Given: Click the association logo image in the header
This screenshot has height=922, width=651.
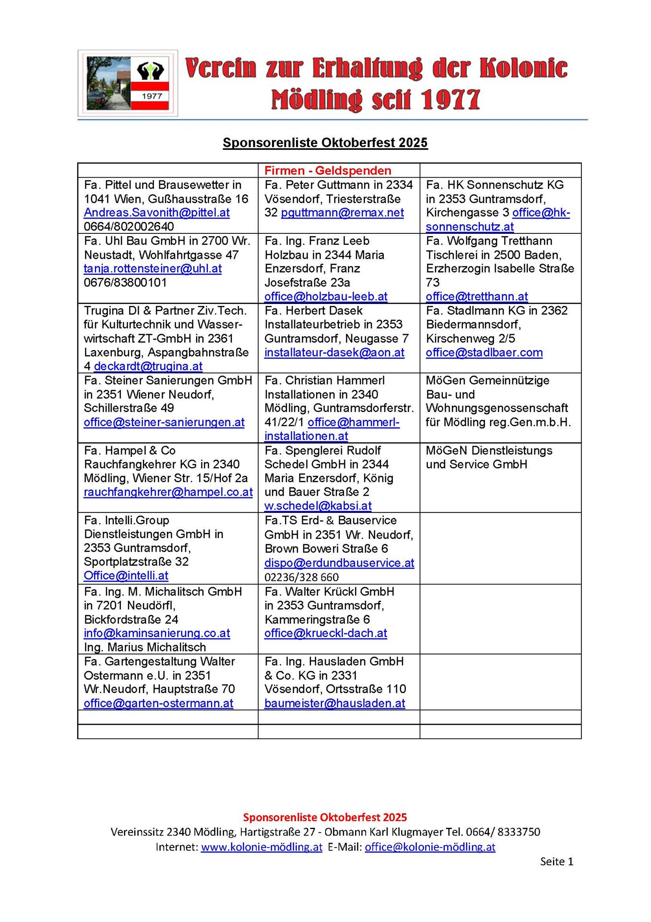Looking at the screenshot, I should click(128, 83).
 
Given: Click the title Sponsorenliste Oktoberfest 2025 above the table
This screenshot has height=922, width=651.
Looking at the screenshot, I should click(325, 143).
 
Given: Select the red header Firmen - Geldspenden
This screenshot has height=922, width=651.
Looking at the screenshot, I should click(328, 170).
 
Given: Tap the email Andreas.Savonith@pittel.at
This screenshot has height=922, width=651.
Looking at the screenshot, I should click(156, 213).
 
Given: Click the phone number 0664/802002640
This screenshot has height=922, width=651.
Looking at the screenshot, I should click(129, 227).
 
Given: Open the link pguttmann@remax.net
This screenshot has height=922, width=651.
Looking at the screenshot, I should click(342, 213).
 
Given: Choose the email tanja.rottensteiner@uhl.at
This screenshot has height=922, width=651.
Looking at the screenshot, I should click(153, 268).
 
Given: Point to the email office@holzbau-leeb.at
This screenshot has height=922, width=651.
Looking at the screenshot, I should click(326, 297).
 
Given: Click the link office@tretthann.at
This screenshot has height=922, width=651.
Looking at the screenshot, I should click(476, 297).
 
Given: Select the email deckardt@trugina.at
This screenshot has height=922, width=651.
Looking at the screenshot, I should click(148, 366).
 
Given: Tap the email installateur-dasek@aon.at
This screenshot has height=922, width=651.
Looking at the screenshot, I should click(334, 352).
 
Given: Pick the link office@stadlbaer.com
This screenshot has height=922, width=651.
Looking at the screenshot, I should click(484, 352).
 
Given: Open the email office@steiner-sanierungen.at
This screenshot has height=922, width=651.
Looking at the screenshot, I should click(164, 422).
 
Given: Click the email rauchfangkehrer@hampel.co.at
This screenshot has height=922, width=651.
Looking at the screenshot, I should click(168, 492).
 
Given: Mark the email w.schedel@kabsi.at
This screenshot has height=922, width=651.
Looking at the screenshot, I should click(318, 506).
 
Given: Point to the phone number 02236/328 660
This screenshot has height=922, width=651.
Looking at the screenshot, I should click(301, 577).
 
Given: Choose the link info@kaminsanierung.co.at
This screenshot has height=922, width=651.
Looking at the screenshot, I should click(156, 633).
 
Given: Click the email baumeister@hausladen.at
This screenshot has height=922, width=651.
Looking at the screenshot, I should click(334, 704).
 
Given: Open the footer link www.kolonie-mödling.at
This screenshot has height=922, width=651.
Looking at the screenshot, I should click(261, 847).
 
